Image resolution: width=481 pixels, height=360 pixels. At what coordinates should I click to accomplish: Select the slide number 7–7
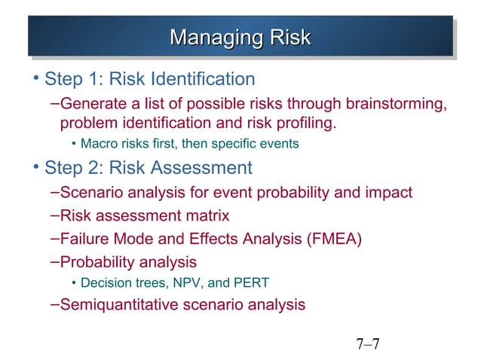click(368, 346)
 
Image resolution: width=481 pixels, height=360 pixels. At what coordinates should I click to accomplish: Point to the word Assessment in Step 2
click(200, 167)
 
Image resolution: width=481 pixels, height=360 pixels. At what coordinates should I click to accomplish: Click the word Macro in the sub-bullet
click(97, 143)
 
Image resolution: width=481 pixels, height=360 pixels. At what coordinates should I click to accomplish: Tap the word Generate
click(90, 102)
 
